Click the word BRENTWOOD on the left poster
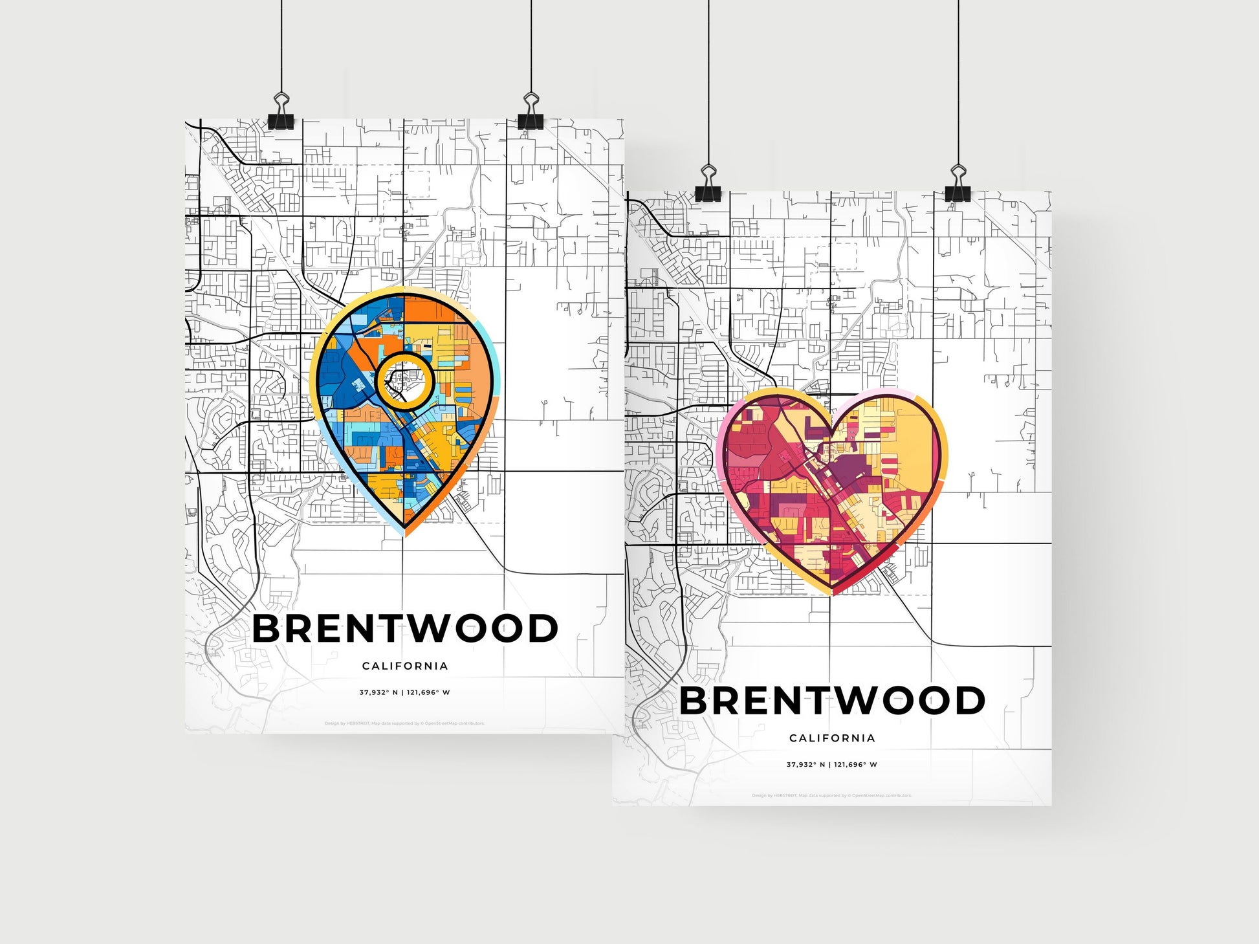pos(405,628)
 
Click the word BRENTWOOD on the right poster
pos(832,700)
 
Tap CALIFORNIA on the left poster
pos(405,666)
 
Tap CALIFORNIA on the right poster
pos(832,738)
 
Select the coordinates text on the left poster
pos(405,692)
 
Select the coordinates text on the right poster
pos(832,764)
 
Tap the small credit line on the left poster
pos(405,723)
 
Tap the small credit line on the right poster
pos(832,795)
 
